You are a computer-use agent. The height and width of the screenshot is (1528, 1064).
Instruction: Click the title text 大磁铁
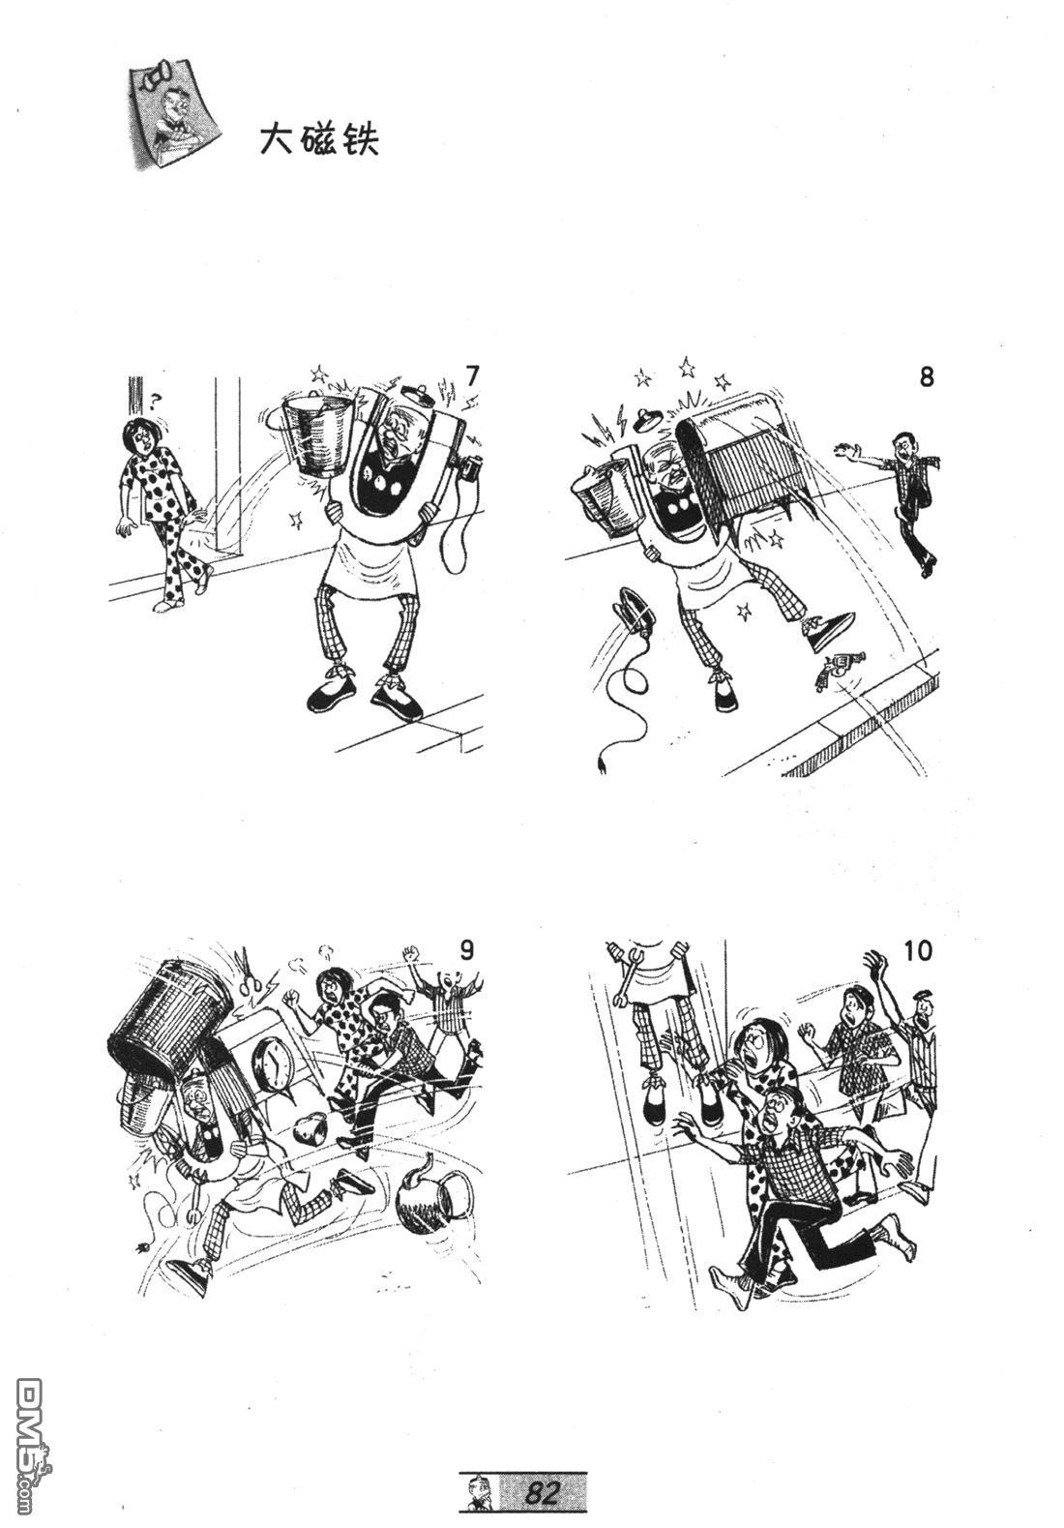319,141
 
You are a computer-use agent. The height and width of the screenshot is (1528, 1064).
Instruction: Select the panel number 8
926,376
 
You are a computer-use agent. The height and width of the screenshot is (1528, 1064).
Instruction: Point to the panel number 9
466,949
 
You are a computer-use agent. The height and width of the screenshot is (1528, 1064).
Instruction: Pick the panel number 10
917,950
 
